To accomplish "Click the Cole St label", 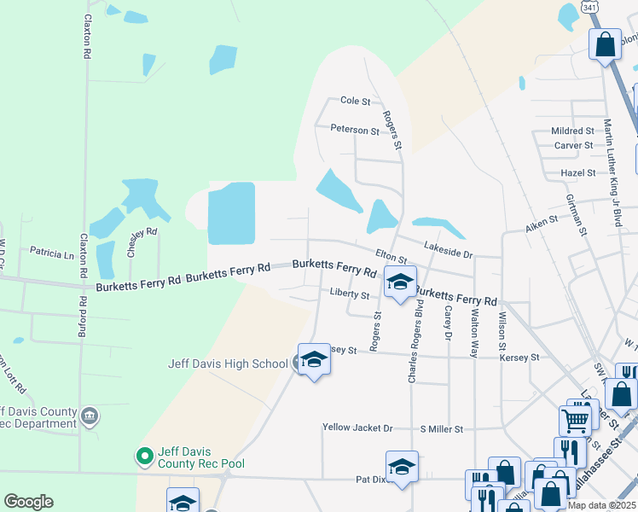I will (355, 101).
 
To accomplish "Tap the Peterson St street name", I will (355, 131).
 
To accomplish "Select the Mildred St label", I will (572, 131).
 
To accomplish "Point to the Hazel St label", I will (578, 172).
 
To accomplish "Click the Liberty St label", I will (349, 295).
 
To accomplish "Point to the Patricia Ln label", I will (52, 253).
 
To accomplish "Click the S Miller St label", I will (441, 428).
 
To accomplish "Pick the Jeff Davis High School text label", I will (228, 364).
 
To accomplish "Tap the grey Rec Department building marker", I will (90, 416).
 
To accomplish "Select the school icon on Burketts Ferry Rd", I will (399, 282).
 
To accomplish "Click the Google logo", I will (28, 501).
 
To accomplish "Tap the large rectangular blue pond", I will (231, 212).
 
